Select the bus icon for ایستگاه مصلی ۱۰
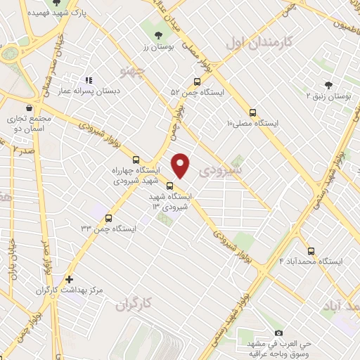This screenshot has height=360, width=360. pos(253,112)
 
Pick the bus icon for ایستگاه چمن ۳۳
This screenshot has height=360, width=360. pos(108,217)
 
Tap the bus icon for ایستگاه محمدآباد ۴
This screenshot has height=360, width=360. pos(312,250)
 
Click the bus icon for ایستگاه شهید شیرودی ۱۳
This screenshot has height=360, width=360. pos(169,186)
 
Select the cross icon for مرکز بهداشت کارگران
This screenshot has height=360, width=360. pos(69,279)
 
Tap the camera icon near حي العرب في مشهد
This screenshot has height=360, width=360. pos(278,332)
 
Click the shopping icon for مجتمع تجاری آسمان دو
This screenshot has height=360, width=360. pos(27,108)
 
